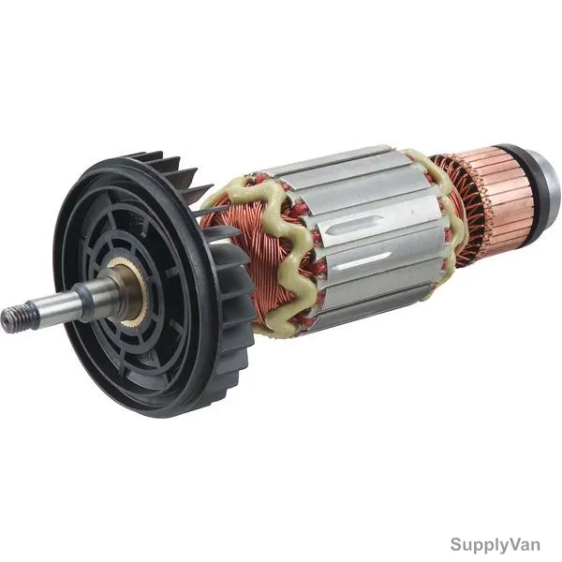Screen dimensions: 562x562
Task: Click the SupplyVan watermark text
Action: click(x=495, y=544)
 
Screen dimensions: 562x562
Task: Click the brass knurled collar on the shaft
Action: click(x=132, y=290)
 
